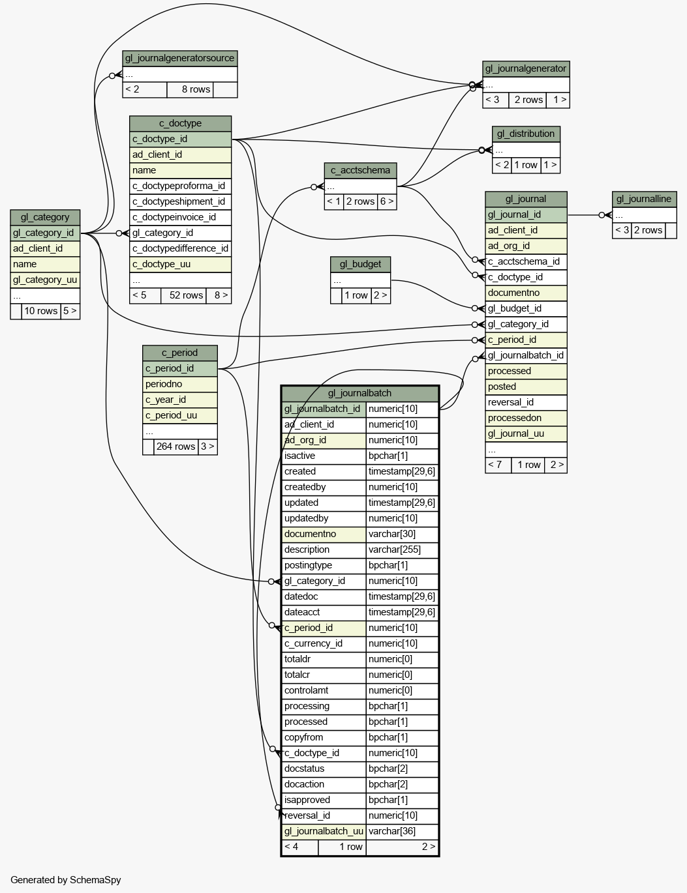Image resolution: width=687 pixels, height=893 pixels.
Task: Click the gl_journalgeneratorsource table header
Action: coord(179,59)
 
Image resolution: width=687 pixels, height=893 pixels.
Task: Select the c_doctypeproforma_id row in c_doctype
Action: coord(180,186)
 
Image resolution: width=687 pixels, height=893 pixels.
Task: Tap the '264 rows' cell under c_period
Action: coord(176,446)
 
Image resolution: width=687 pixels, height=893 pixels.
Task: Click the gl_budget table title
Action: coord(360,264)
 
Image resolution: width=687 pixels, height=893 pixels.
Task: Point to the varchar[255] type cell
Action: coord(402,550)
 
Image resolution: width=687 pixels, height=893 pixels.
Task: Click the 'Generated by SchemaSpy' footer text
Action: coord(66,880)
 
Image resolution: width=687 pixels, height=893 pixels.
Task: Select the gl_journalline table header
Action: coord(644,199)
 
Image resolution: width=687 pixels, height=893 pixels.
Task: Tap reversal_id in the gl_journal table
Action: coord(526,402)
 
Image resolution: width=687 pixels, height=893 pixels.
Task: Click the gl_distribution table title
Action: coord(526,134)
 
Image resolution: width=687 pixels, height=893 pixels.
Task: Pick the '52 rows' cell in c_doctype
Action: coord(183,295)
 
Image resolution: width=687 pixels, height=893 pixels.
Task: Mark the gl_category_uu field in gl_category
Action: coord(45,280)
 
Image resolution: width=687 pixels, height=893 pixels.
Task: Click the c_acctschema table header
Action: coord(360,171)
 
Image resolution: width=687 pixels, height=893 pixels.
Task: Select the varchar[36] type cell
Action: coord(402,831)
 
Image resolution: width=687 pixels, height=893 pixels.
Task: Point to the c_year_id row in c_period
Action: coord(179,400)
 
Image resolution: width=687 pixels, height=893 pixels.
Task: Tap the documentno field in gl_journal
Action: coord(526,293)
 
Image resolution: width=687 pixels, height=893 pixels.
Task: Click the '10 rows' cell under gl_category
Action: coord(40,311)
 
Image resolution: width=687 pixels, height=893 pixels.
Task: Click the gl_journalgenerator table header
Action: coord(526,69)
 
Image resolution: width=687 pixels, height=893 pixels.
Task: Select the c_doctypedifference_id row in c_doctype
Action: coord(180,248)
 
